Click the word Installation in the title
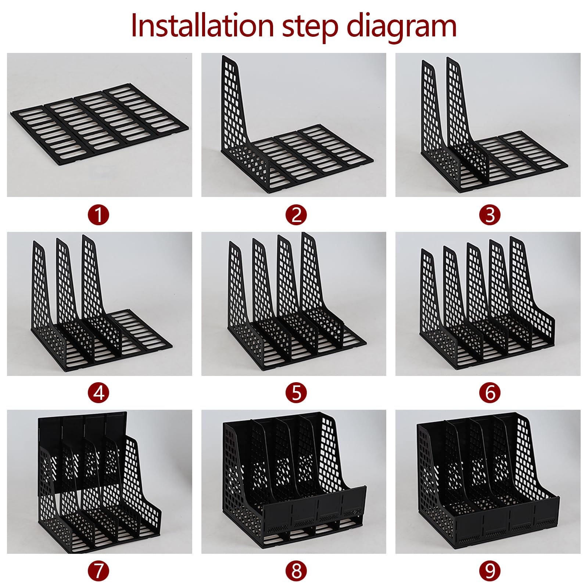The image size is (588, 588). coord(202,26)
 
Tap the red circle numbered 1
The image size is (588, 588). coord(98,215)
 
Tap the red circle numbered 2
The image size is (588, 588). coord(296,215)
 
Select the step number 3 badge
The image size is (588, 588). coord(490,215)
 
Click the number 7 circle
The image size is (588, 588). coord(98,571)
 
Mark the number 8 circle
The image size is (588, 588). coord(296,571)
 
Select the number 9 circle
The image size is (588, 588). coord(490,571)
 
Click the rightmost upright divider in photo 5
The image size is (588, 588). coord(312,279)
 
